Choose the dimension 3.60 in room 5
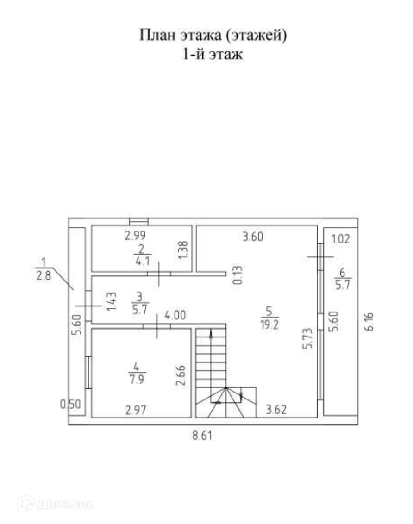click(x=252, y=237)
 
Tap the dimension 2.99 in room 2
click(x=136, y=236)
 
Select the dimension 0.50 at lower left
click(x=71, y=404)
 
